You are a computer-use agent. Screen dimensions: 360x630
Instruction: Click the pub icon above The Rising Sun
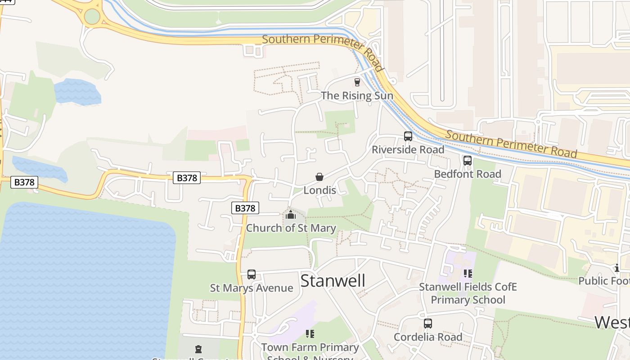[x=357, y=82]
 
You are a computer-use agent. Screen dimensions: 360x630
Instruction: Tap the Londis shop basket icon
[x=319, y=177]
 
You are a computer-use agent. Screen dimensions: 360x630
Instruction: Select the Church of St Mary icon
[x=291, y=215]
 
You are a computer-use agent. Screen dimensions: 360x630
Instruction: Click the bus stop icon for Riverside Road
[x=408, y=136]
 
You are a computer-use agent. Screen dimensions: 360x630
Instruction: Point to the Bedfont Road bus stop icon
[x=468, y=160]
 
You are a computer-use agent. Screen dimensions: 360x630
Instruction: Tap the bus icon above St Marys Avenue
[x=252, y=274]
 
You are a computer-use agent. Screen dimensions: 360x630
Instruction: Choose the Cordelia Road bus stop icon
[x=428, y=323]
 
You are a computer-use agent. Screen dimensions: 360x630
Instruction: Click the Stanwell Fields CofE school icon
[x=468, y=273]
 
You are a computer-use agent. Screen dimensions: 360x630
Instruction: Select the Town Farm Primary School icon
[x=310, y=333]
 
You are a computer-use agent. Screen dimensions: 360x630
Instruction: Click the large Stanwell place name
[x=333, y=280]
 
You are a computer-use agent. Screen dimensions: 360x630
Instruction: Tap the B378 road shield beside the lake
[x=24, y=182]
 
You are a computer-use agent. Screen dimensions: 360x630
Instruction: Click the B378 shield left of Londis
[x=187, y=178]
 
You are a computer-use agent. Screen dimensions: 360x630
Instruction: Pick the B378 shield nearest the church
[x=245, y=208]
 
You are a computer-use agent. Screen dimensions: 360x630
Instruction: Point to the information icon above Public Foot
[x=617, y=268]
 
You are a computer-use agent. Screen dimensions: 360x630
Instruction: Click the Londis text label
[x=319, y=190]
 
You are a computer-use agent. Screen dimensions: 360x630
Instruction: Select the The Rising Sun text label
[x=357, y=95]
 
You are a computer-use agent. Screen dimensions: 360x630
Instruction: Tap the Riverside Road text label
[x=408, y=149]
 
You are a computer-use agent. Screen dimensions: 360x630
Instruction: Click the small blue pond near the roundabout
[x=77, y=92]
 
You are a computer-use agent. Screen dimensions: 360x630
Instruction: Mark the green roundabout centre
[x=92, y=17]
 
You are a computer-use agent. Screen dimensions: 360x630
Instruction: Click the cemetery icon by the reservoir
[x=198, y=349]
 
